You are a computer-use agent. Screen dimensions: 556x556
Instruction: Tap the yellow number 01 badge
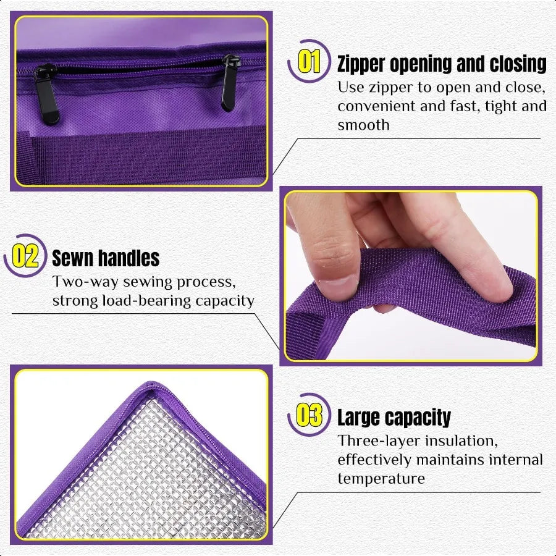coord(309,62)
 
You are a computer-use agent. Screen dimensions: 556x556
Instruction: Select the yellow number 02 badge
coord(26,256)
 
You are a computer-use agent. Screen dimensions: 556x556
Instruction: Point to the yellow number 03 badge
coord(309,416)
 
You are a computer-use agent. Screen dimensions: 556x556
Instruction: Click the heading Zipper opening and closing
coord(441,64)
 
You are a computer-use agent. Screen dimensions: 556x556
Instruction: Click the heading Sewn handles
coord(106,258)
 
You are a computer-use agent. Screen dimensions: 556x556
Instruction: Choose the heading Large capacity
coord(394,418)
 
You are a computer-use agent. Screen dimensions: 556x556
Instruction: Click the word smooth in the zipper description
coord(363,125)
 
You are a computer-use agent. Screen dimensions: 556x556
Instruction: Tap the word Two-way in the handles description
coord(81,282)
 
